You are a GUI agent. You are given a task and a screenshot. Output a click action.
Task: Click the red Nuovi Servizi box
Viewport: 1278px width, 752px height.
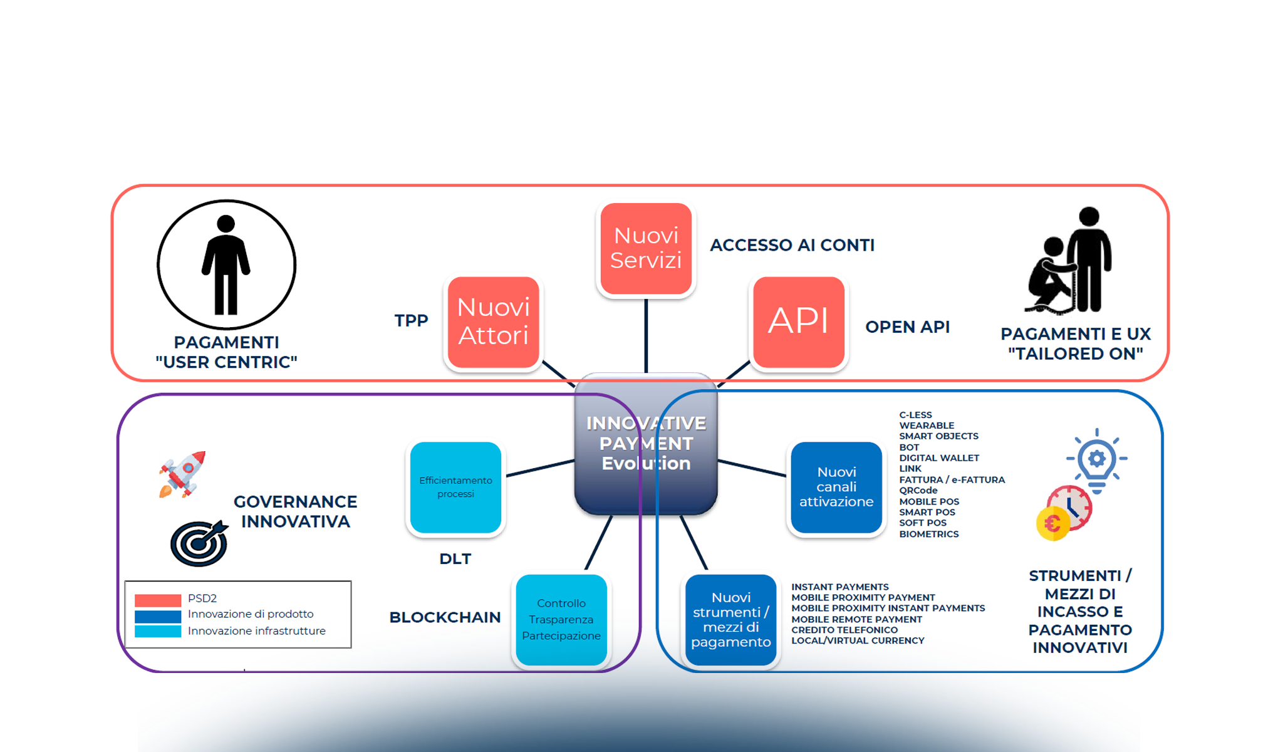click(645, 248)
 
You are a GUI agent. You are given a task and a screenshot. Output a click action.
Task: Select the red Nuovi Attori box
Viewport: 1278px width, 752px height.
click(493, 321)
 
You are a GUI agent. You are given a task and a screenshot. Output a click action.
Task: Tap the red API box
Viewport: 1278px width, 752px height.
click(798, 321)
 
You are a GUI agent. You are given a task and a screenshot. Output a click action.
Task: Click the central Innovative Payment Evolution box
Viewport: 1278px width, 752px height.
click(645, 443)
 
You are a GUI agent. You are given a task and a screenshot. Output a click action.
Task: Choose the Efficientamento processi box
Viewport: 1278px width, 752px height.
click(455, 487)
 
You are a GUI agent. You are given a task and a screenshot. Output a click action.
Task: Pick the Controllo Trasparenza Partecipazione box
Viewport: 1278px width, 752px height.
click(561, 619)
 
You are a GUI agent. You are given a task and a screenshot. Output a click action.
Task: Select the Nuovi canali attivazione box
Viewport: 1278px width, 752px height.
click(836, 487)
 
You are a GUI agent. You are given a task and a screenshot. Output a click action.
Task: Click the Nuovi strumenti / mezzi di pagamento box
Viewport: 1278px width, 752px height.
click(730, 619)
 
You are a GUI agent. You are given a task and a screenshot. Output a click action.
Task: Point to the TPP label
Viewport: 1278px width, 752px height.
click(411, 321)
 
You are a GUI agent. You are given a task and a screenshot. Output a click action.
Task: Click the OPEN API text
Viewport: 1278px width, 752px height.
click(907, 327)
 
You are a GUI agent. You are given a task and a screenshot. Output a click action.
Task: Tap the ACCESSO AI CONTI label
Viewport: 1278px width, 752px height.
click(792, 245)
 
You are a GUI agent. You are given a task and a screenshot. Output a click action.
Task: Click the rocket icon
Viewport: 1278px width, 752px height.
click(183, 473)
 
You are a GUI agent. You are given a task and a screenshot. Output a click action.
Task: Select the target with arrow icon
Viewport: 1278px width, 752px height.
click(199, 543)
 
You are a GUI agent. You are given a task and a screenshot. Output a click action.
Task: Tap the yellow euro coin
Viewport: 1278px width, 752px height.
click(1052, 523)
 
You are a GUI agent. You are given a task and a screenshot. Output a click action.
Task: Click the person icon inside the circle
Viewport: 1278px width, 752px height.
click(226, 264)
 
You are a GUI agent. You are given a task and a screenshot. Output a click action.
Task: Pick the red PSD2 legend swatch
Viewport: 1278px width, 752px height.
click(158, 599)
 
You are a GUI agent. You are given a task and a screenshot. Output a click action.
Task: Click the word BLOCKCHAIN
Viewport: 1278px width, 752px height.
click(445, 617)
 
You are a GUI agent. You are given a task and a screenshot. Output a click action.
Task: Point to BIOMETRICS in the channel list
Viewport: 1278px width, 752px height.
click(928, 534)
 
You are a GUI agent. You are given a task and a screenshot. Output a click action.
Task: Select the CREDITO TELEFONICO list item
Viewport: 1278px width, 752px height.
click(844, 630)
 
